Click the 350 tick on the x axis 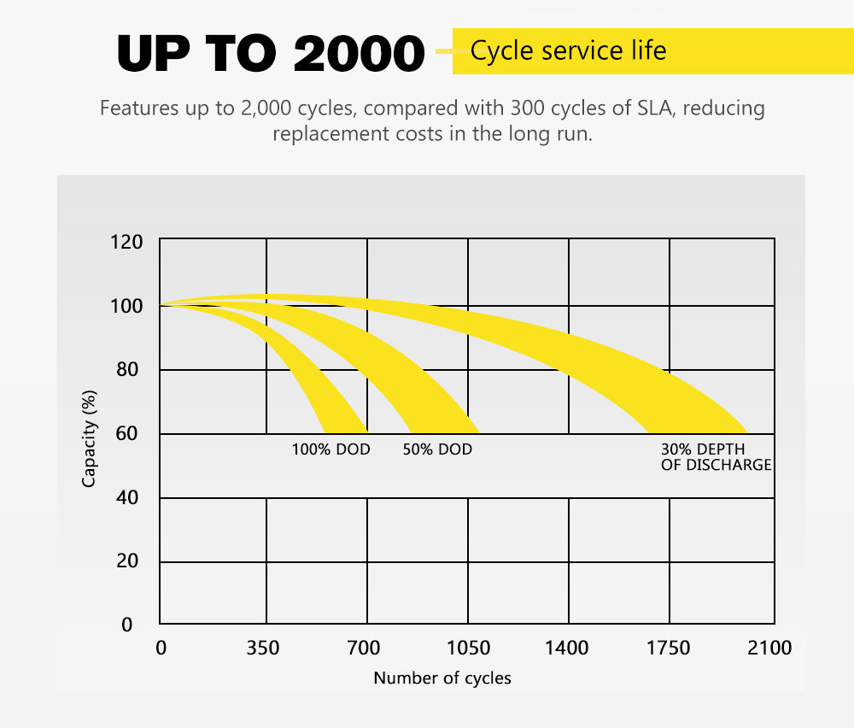point(263,649)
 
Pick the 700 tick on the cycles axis point(365,649)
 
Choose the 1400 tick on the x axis point(567,649)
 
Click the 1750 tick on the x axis point(669,649)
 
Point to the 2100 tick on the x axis point(769,649)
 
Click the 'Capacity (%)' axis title point(89,437)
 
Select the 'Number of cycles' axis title point(442,678)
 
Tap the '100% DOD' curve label point(331,449)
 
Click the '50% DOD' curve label point(437,449)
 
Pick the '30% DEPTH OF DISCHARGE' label point(716,457)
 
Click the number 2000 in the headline point(358,53)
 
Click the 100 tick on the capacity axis point(126,305)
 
